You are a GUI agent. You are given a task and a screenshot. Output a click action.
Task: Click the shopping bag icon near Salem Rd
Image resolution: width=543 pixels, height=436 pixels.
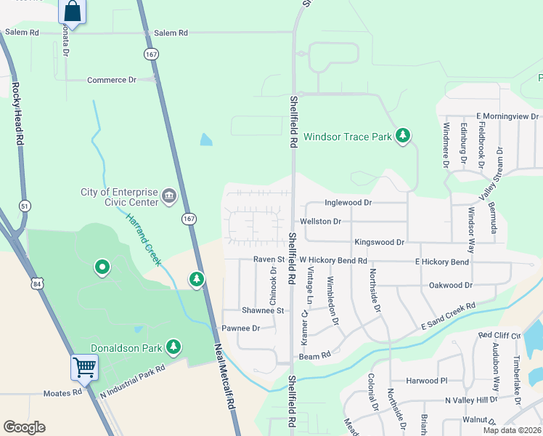[x=73, y=12]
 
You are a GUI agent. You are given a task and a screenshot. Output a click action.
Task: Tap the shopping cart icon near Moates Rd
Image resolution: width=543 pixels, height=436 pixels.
[x=84, y=367]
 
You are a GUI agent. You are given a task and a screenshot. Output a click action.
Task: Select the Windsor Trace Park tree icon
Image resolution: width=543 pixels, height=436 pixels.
[x=403, y=136]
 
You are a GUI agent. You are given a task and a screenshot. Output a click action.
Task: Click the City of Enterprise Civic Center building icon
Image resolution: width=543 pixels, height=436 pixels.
[x=169, y=195]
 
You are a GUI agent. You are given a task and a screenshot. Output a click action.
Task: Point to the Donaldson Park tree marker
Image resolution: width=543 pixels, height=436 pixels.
[x=173, y=347]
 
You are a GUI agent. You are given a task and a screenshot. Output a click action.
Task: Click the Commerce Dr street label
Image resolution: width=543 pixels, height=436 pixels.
[x=111, y=80]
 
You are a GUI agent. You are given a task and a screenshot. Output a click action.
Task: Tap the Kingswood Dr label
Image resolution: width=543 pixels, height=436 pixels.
[x=379, y=241]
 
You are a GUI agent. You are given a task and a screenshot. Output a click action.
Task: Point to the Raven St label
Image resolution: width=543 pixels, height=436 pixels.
[x=268, y=259]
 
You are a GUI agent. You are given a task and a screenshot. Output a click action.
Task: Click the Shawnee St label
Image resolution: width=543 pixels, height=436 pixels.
[x=262, y=310]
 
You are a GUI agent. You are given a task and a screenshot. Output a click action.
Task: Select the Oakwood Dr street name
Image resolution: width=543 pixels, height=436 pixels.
[x=451, y=286]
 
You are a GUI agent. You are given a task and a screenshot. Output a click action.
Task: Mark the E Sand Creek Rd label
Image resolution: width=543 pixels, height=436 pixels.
[x=448, y=316]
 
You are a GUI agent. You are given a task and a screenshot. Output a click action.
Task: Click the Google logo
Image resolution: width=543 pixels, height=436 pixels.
[x=24, y=427]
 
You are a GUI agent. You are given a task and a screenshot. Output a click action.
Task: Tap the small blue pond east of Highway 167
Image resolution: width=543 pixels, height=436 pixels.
[x=206, y=139]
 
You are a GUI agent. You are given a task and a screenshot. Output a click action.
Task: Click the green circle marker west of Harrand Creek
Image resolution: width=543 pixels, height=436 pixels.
[x=102, y=268]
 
